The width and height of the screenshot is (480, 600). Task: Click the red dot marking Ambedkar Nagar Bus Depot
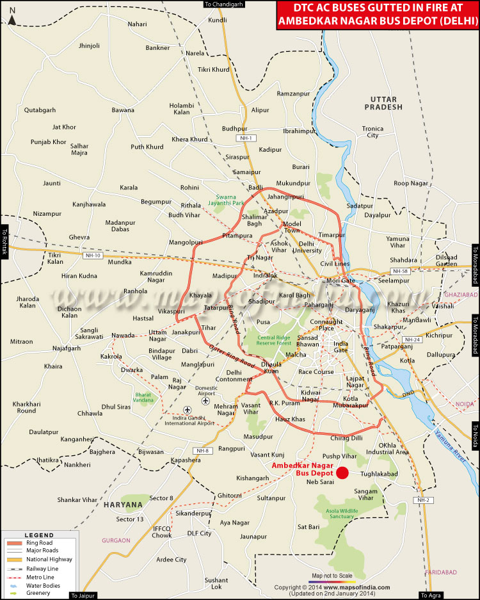[x=342, y=473]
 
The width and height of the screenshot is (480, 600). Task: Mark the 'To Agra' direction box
[x=431, y=596]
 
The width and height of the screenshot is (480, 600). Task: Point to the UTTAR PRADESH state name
[x=385, y=103]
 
